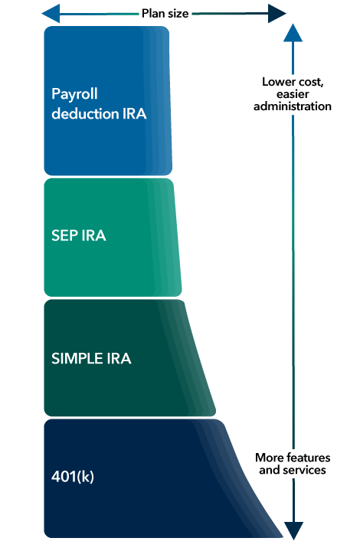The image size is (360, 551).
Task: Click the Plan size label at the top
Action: pos(165,12)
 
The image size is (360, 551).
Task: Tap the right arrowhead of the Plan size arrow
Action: pos(277,12)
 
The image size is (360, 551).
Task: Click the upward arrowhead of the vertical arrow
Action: pos(293,33)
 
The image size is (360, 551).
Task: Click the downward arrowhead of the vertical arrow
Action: pos(293,530)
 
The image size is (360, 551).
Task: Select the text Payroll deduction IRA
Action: pos(98,104)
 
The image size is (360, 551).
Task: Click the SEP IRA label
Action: pos(79,236)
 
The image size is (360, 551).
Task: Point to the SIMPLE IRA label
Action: pos(91,357)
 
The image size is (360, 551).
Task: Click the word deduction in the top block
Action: pos(82,114)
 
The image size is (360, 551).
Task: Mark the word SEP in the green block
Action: pos(64,236)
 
